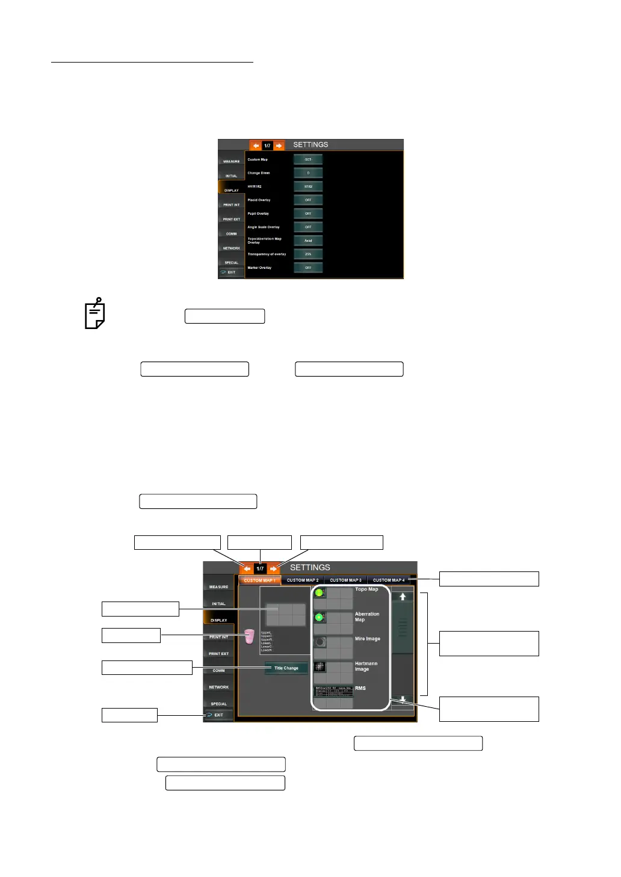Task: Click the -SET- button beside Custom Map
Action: (x=308, y=159)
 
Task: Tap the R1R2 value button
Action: (x=308, y=186)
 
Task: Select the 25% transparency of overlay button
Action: (x=308, y=254)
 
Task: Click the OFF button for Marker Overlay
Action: (x=308, y=268)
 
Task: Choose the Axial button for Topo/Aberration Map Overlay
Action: (x=308, y=241)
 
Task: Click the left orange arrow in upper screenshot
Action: (x=256, y=146)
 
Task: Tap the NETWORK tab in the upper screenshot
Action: (x=232, y=248)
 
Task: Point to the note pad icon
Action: (x=94, y=314)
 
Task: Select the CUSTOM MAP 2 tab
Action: (x=303, y=580)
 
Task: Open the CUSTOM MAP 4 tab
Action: (x=389, y=580)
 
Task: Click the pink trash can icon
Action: (x=249, y=636)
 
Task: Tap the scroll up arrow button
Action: (x=403, y=597)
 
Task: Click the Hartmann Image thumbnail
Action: (x=320, y=666)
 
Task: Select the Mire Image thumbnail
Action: (x=320, y=642)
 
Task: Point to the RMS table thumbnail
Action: (x=333, y=691)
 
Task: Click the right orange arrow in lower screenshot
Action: (x=274, y=568)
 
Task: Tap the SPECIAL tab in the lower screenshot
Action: (x=218, y=703)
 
